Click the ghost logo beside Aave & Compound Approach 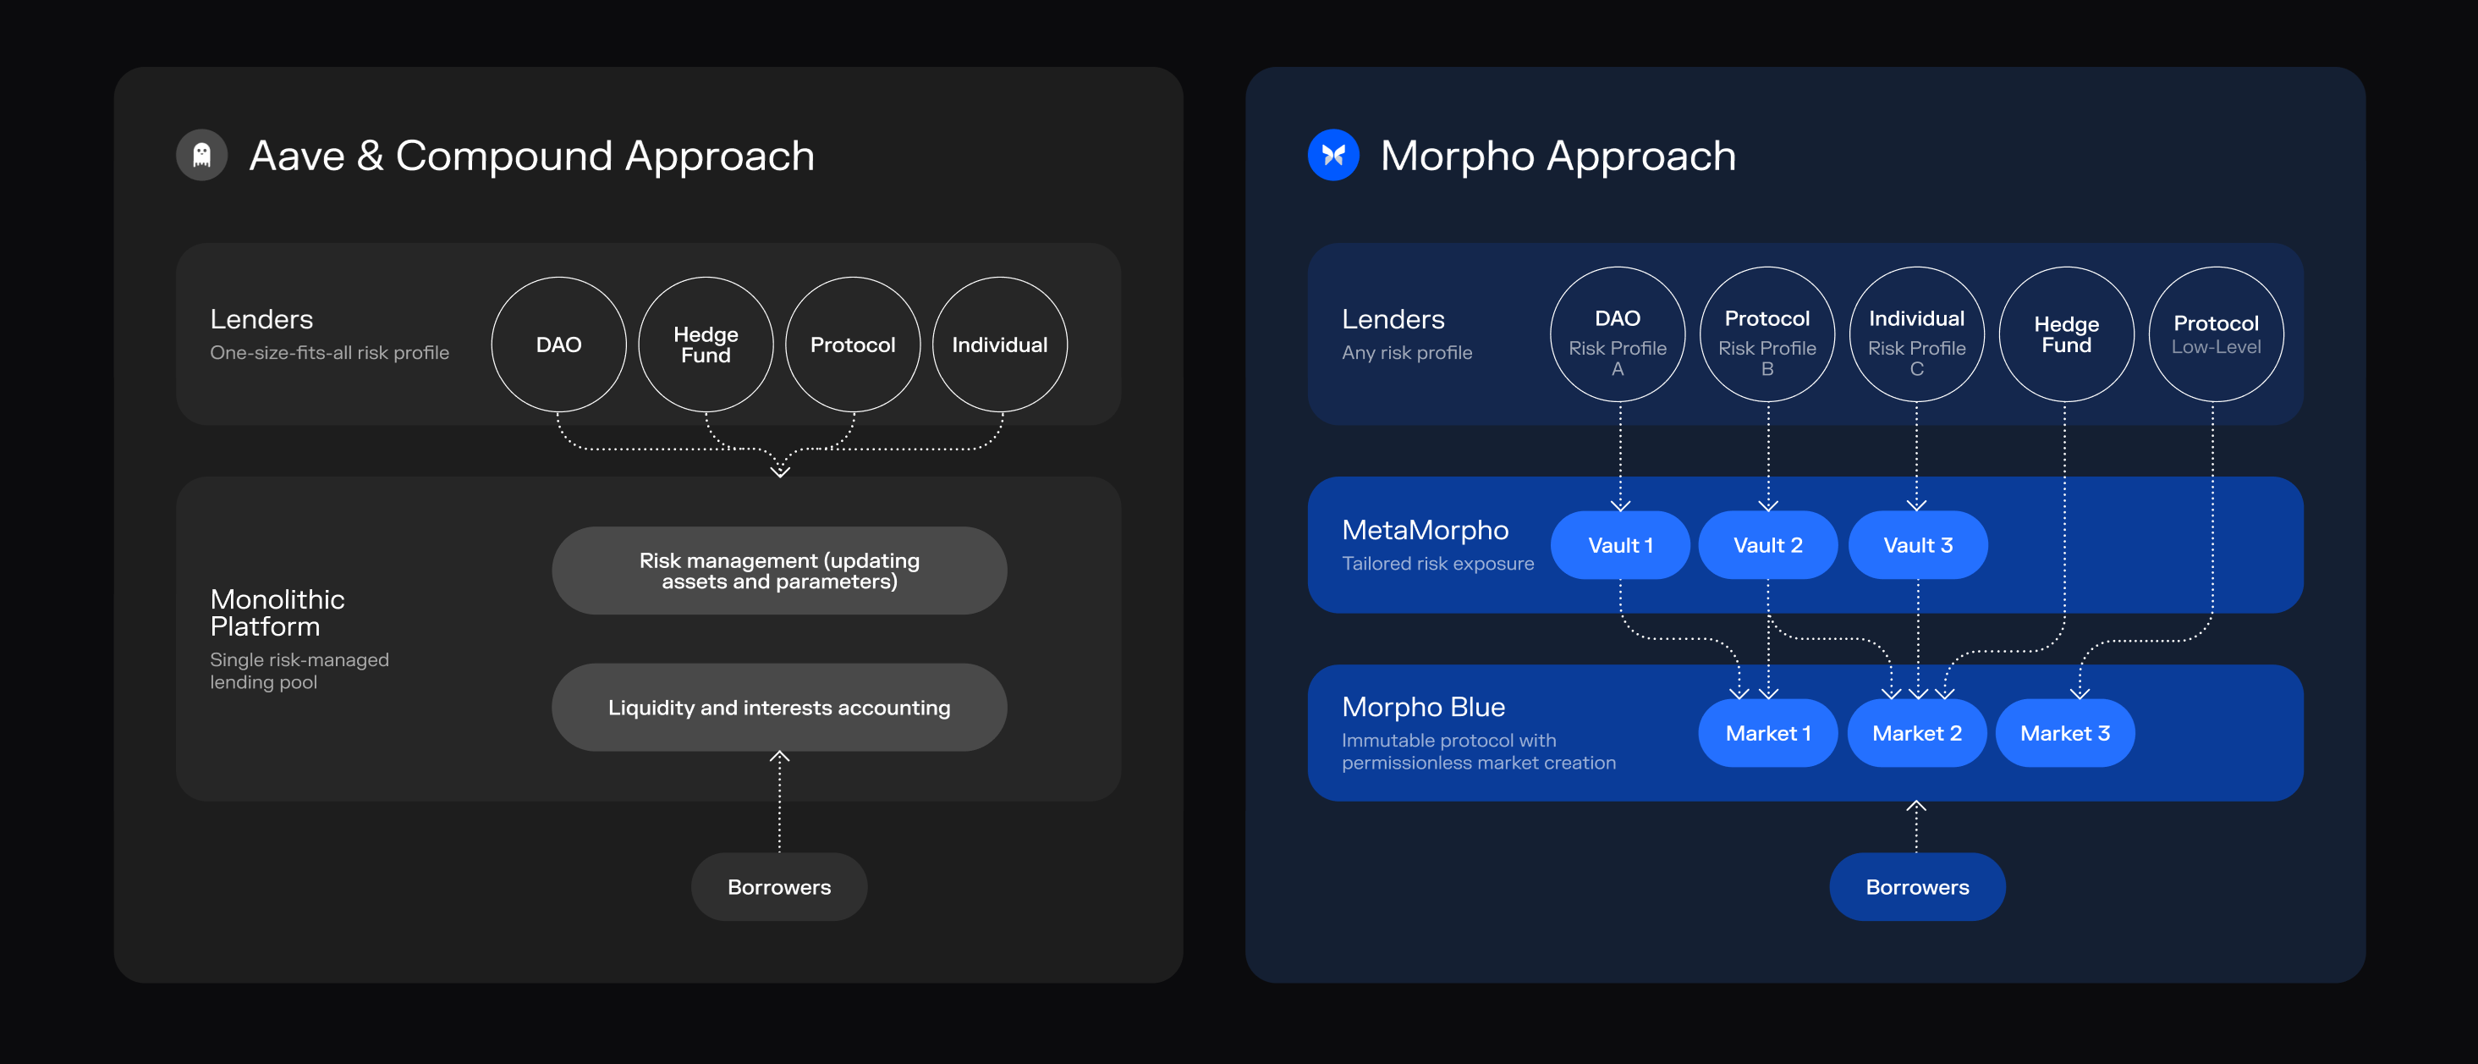point(202,155)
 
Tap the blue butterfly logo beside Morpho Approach point(1333,155)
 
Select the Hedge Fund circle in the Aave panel point(706,345)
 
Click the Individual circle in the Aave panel point(1001,345)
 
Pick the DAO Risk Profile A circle point(1618,334)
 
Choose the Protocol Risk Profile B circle point(1768,334)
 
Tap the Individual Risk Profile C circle point(1917,334)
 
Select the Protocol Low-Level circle point(2217,334)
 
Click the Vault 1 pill point(1621,545)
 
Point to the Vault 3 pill point(1918,545)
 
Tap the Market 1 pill point(1768,733)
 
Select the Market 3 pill point(2065,733)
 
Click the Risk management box point(779,571)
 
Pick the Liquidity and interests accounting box point(779,707)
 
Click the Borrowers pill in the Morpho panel point(1917,887)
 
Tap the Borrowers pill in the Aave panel point(779,887)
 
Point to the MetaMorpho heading point(1426,530)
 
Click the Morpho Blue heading point(1424,707)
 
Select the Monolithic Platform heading point(277,613)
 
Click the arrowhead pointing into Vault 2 point(1768,506)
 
